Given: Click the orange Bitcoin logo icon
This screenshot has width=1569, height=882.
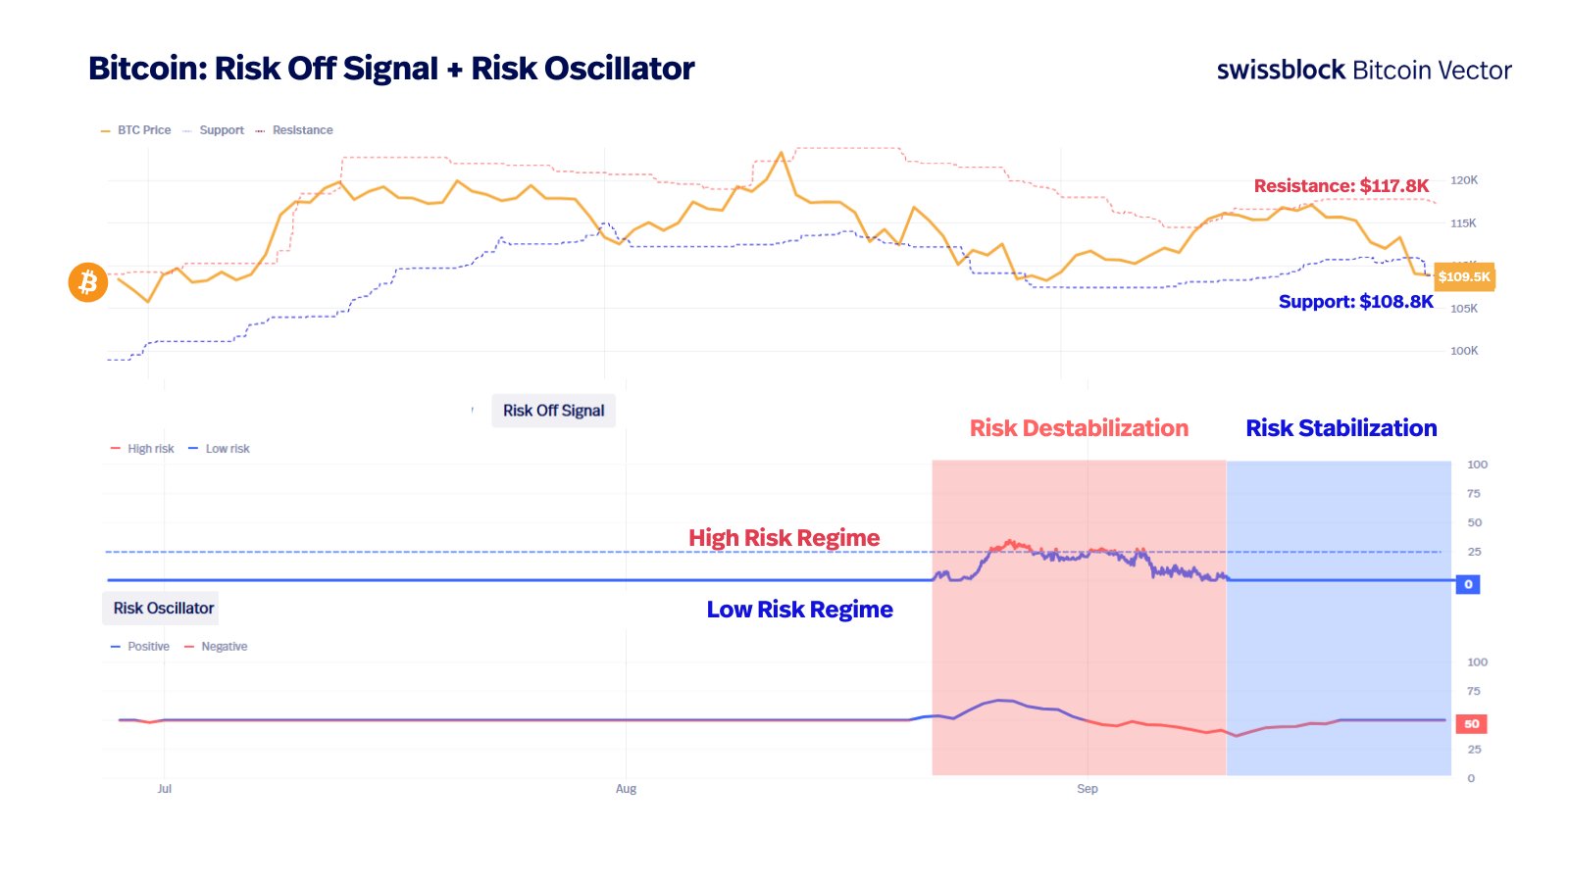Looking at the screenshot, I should tap(88, 282).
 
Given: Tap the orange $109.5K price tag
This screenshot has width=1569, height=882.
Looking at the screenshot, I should tap(1464, 276).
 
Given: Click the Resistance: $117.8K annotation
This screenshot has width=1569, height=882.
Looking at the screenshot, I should tap(1341, 186).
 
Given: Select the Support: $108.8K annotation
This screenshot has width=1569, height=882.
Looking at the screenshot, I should tap(1355, 302).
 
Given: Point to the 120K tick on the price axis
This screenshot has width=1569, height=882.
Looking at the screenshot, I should tap(1463, 180).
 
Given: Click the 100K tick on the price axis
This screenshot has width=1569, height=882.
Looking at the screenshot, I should tap(1463, 351).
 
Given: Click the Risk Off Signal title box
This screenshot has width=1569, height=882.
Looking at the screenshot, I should tap(553, 411).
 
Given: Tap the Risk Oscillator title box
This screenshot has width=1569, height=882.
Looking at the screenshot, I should tap(163, 609).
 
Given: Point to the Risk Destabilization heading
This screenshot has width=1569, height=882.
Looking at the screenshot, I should tap(1079, 428).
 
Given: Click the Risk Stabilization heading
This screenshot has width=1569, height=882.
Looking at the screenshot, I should tap(1341, 428).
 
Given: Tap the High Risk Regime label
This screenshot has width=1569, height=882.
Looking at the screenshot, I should tap(784, 538).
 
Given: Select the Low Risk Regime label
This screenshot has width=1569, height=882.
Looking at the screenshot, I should tap(799, 610).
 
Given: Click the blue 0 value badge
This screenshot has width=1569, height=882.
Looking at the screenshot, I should tap(1468, 584).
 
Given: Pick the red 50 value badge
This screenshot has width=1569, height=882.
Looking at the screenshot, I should tap(1471, 724).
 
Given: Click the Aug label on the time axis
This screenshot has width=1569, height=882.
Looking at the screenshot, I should tap(626, 789).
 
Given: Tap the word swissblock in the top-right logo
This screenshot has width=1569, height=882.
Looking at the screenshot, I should tap(1280, 71).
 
